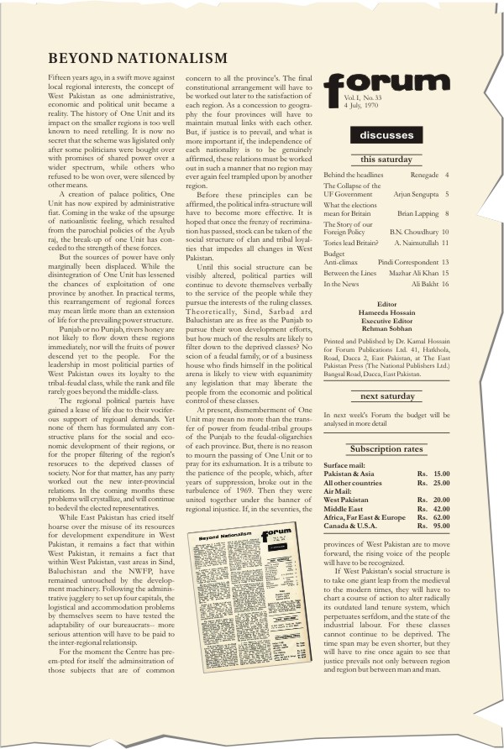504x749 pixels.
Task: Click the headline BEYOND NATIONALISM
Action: click(138, 58)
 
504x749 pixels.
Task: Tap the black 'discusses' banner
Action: click(386, 134)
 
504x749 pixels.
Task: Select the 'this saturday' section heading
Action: click(386, 160)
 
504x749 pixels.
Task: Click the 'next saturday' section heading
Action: click(386, 395)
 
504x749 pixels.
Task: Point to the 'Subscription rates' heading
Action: click(386, 448)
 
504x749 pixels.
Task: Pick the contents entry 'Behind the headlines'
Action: click(353, 175)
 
